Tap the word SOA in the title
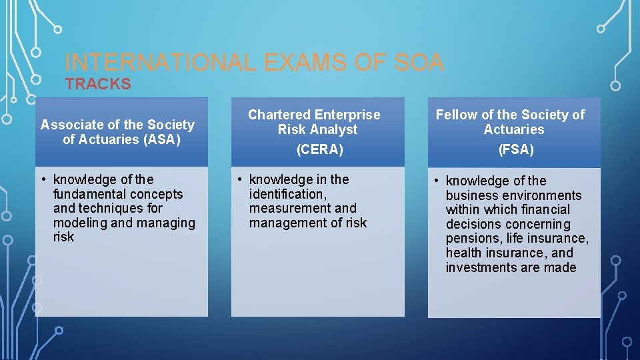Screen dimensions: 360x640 coord(418,63)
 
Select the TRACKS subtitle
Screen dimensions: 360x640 coord(98,84)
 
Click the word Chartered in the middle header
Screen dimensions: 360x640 coord(279,115)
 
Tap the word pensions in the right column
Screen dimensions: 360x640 coord(474,239)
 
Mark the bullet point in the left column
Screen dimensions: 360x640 coord(43,180)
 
